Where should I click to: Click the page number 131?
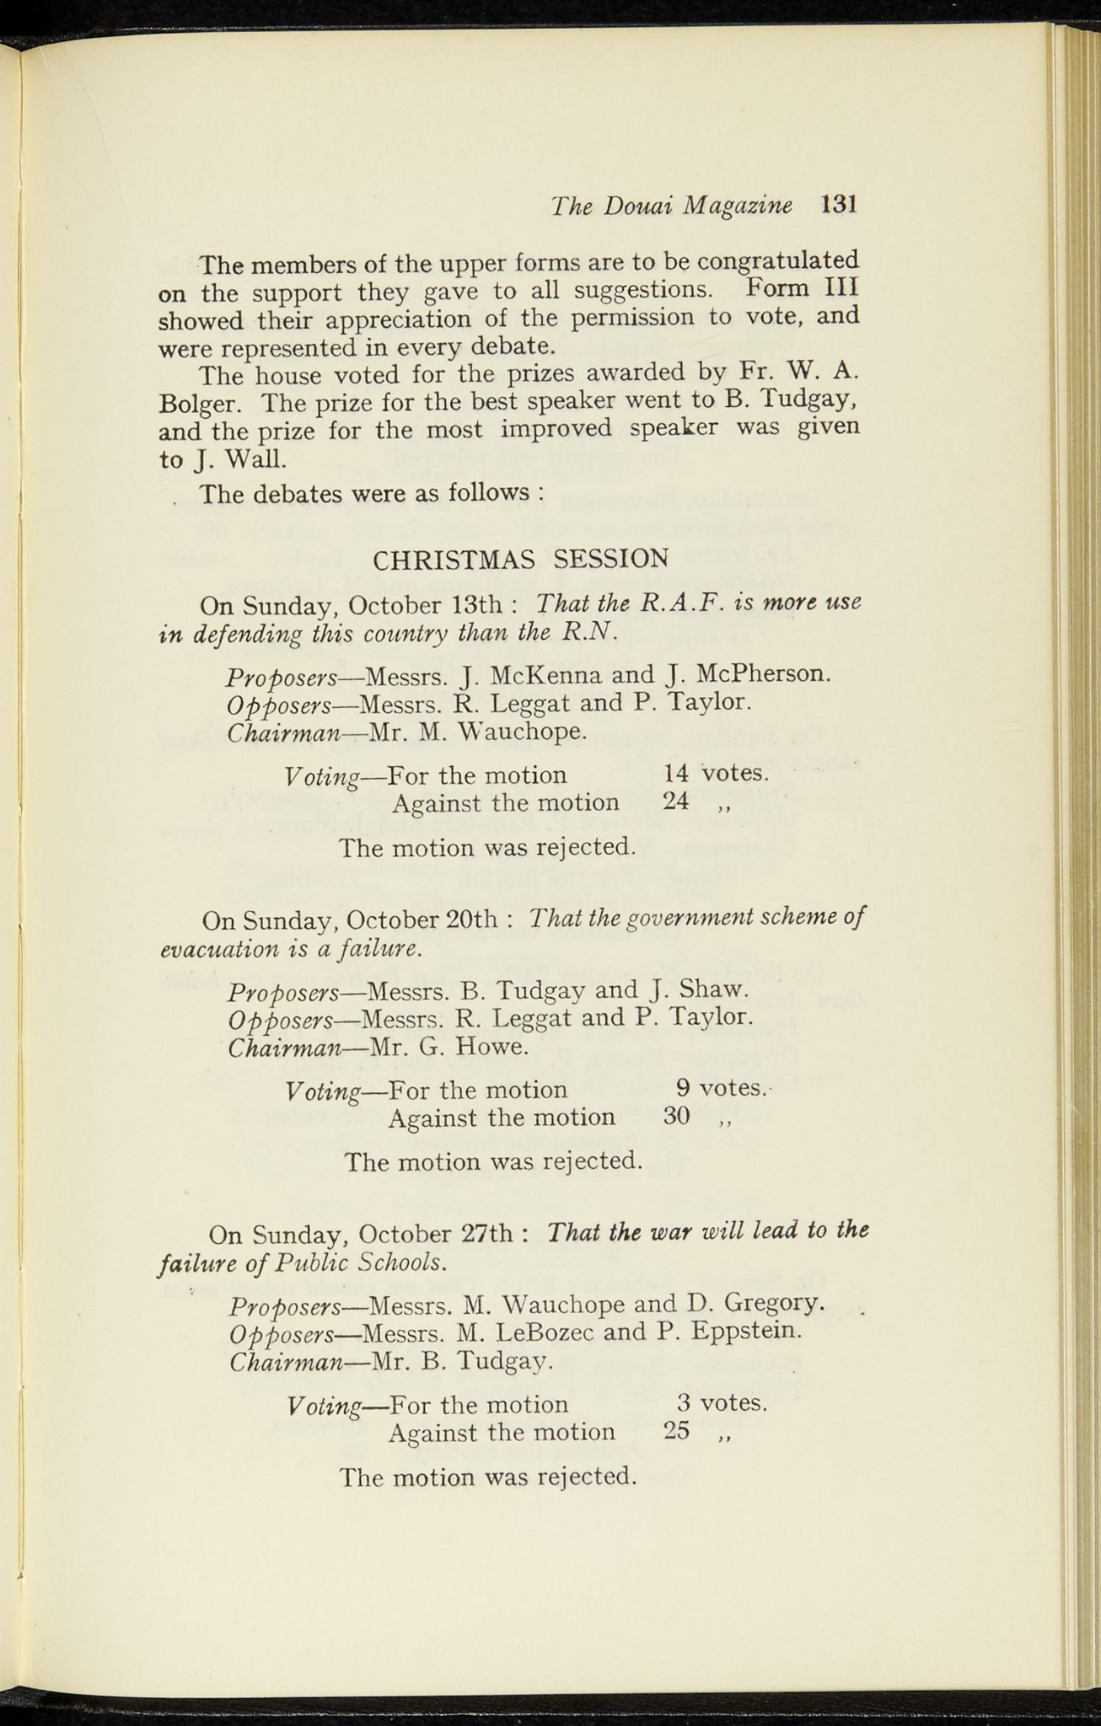click(839, 205)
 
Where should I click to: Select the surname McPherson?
click(763, 673)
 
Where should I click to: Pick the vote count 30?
click(676, 1117)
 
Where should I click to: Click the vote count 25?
click(676, 1432)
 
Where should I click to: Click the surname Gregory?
click(773, 1304)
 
